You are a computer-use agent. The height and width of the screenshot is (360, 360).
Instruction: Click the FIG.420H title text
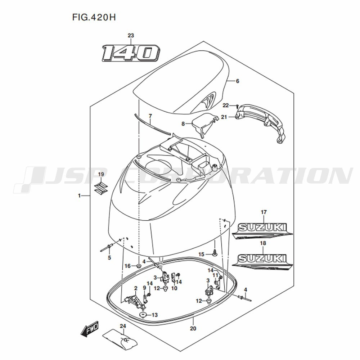91,17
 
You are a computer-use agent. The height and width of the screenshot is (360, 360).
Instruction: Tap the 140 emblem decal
130,53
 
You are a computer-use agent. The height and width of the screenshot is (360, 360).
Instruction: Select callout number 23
131,35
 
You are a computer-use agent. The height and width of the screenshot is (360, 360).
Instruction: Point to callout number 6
237,81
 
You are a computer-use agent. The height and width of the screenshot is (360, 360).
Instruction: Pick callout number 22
225,105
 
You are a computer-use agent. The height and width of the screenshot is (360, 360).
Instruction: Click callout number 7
150,116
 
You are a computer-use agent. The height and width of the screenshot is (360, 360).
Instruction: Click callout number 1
79,195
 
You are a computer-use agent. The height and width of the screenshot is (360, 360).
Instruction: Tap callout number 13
154,315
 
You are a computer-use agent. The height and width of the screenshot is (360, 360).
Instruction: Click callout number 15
201,255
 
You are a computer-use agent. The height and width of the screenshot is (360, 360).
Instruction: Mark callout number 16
127,266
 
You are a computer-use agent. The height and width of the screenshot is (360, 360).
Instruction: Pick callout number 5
109,257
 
